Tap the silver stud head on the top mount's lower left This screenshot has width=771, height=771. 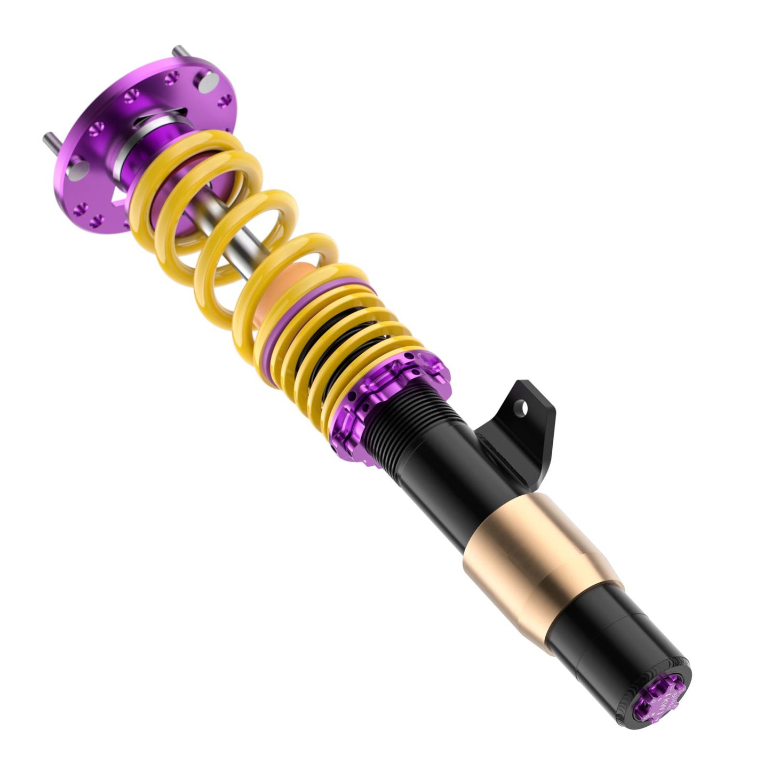point(81,170)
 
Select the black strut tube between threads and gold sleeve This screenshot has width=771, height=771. point(454,480)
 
